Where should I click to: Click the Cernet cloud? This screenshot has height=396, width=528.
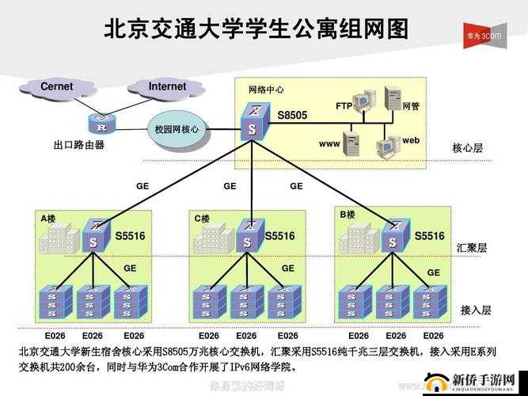[57, 87]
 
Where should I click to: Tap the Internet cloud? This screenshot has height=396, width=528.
[167, 87]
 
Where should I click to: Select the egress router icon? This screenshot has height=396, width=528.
[101, 124]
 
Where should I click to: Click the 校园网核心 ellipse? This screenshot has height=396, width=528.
[177, 129]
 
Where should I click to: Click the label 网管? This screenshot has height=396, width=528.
[411, 106]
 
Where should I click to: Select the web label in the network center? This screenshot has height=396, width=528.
[410, 140]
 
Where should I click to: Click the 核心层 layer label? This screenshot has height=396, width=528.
[467, 148]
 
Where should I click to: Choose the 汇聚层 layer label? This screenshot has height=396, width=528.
[472, 248]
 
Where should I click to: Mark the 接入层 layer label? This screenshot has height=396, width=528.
[476, 310]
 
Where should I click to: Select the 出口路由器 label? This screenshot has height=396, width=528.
[79, 145]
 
